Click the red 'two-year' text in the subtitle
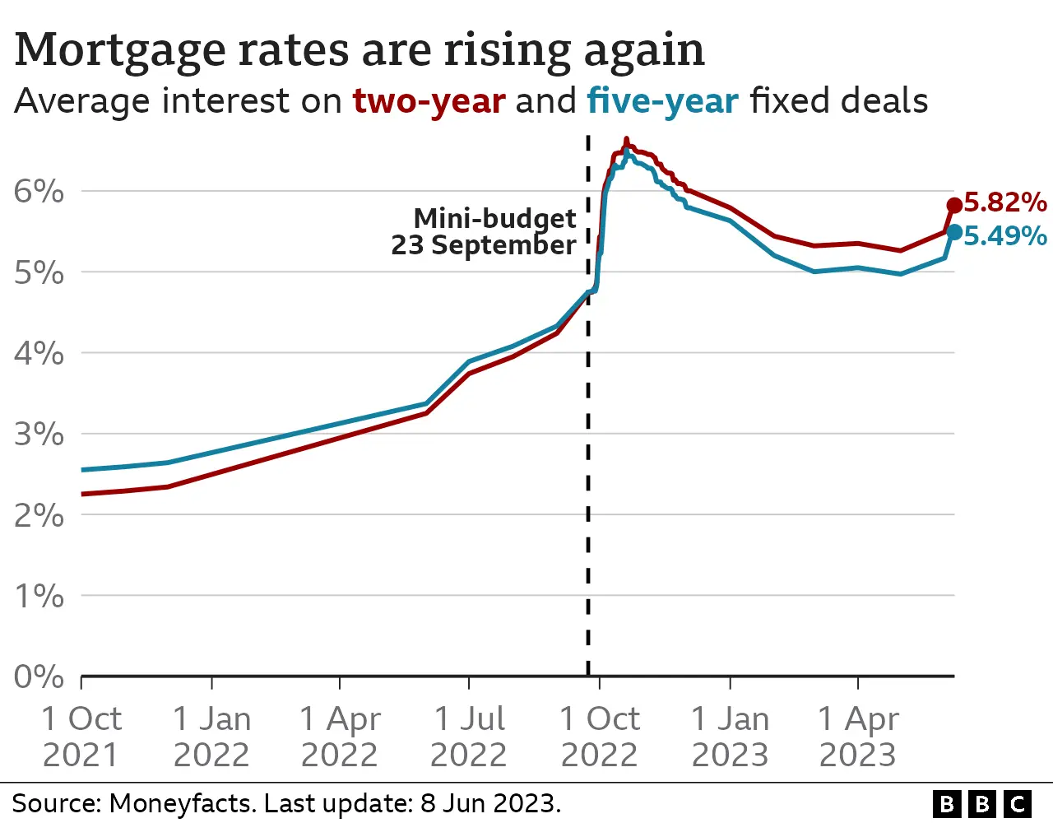[429, 101]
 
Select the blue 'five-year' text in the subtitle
[662, 101]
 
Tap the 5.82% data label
[1004, 202]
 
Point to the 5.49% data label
[1004, 236]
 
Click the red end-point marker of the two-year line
[954, 206]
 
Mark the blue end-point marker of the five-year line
[954, 233]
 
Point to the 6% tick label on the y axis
[39, 192]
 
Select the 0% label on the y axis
[39, 677]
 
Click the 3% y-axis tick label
[39, 434]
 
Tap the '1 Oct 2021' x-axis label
[81, 737]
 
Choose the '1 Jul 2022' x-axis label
[469, 737]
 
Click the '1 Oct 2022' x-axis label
[599, 737]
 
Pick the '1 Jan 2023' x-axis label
[730, 737]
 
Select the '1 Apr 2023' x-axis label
[858, 737]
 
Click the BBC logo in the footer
[982, 803]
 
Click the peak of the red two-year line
[627, 140]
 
